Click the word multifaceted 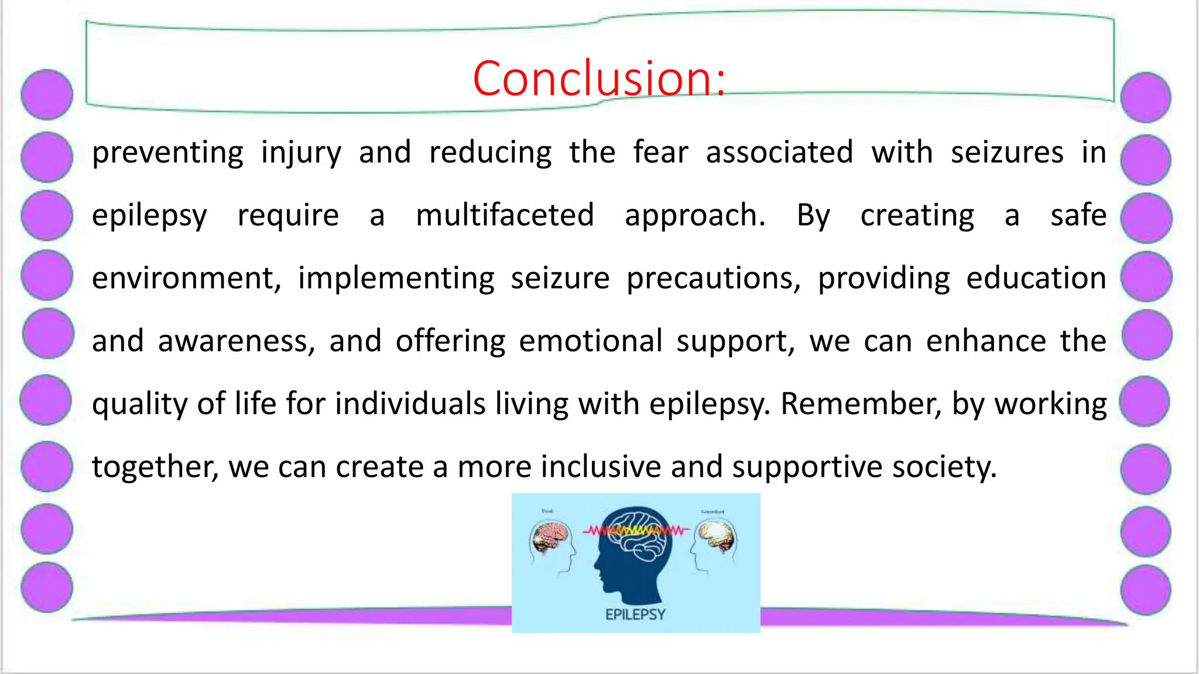[505, 215]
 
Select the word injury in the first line [301, 153]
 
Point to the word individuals [410, 404]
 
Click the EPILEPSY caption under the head [635, 614]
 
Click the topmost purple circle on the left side [47, 95]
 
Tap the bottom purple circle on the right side [1146, 590]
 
